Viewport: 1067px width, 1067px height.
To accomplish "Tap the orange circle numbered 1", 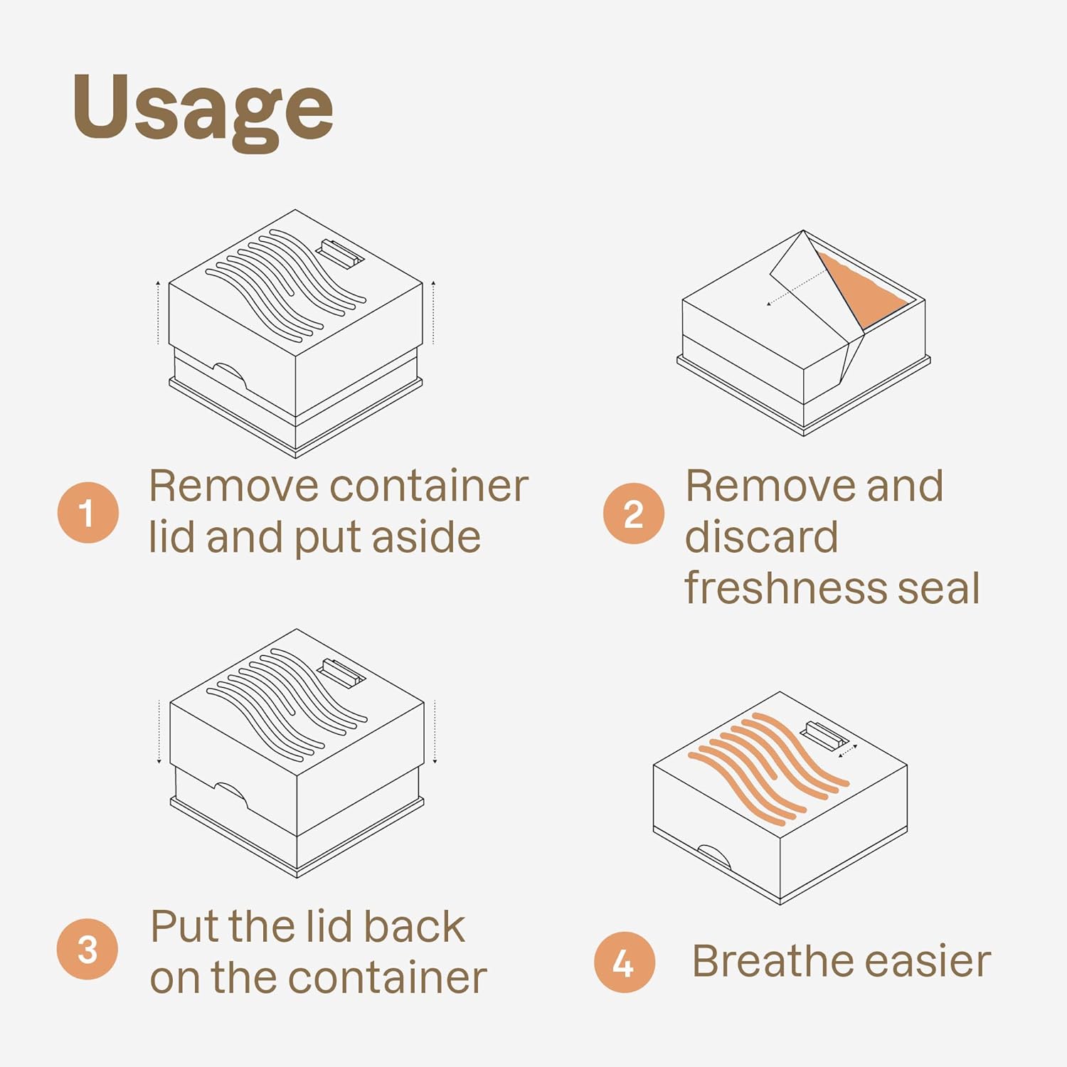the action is click(x=87, y=513).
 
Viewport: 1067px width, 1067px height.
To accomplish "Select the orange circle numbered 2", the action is click(x=633, y=513).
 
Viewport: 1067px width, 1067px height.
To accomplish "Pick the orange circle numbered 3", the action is click(x=87, y=949).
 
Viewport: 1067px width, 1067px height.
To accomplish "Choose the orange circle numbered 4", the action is click(x=625, y=962).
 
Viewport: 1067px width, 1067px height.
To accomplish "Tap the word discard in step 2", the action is click(x=761, y=537).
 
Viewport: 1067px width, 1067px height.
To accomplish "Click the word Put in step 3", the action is click(x=181, y=926).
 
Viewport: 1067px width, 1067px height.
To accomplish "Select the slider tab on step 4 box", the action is click(x=824, y=735).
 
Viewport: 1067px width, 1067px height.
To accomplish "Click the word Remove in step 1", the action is click(x=234, y=487).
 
